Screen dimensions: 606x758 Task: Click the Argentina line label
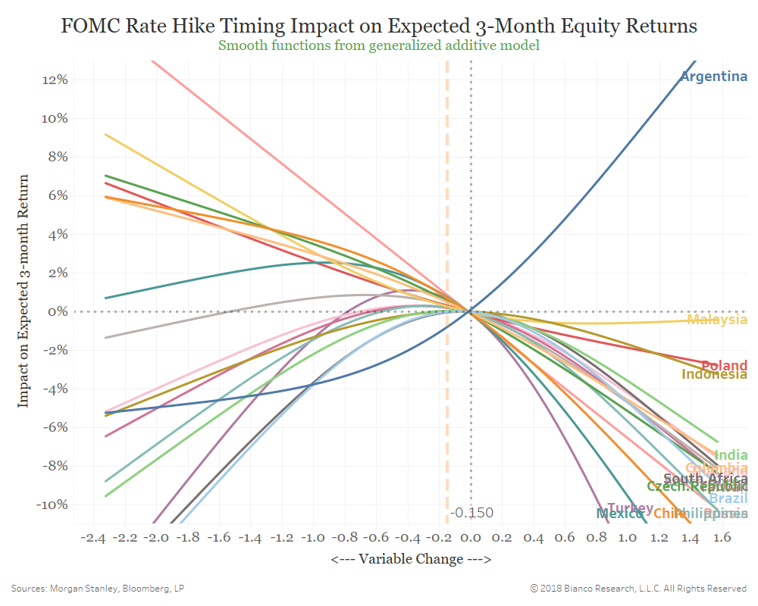[713, 77]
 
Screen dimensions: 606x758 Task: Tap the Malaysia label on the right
[716, 320]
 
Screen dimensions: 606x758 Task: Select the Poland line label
[724, 366]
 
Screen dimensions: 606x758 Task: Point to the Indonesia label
[714, 374]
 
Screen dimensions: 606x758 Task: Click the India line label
[731, 455]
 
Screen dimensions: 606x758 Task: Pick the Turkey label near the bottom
[630, 508]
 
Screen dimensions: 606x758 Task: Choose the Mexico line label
[619, 514]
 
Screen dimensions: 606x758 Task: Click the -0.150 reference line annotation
[471, 513]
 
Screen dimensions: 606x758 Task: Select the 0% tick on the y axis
[60, 311]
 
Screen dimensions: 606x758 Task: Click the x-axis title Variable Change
[411, 559]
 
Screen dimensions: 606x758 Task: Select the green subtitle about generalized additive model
[378, 45]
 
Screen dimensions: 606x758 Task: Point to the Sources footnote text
[98, 588]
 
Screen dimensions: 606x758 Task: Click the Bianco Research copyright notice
[638, 588]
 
